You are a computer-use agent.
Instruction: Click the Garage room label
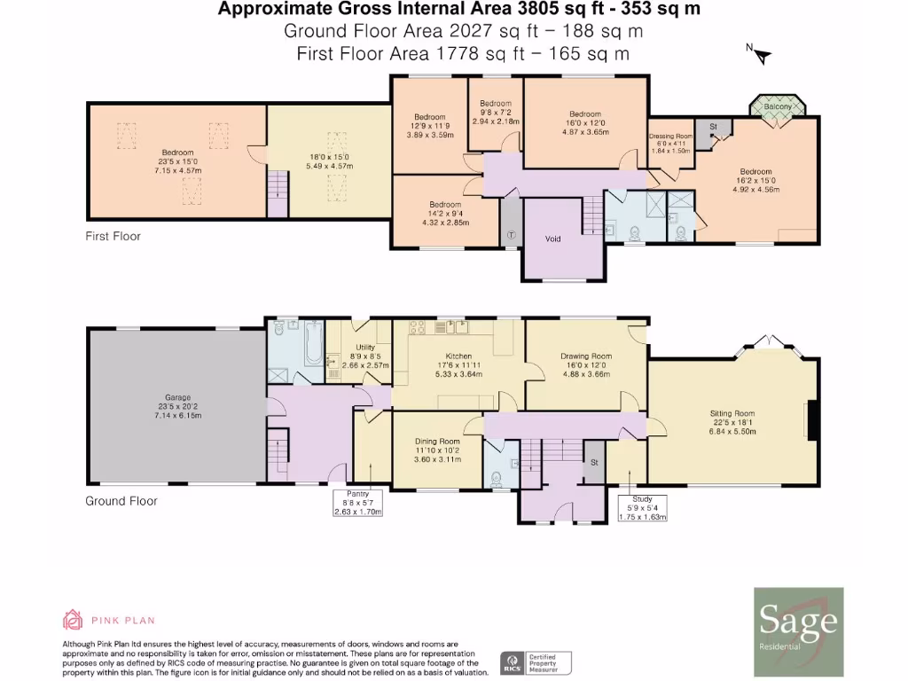click(177, 397)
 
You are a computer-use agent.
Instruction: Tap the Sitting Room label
click(732, 413)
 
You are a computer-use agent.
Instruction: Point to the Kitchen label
click(458, 356)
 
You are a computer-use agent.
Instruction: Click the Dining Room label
click(437, 442)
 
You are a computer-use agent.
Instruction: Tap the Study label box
click(643, 512)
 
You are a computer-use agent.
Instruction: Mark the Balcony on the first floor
click(779, 107)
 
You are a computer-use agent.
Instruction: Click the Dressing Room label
click(670, 136)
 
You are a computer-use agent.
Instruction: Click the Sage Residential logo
click(798, 624)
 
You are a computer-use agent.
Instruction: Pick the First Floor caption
click(113, 237)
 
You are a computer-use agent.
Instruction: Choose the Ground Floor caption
click(121, 501)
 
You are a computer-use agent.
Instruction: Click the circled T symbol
click(511, 235)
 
